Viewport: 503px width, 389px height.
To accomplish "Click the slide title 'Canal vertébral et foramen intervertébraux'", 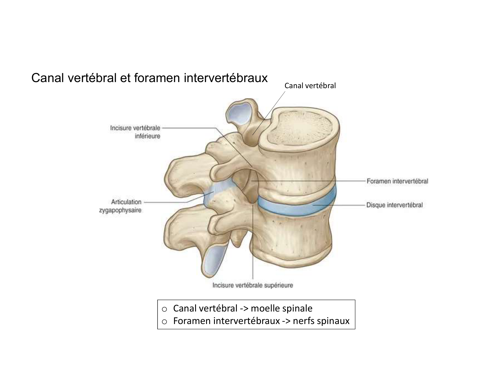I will pos(149,78).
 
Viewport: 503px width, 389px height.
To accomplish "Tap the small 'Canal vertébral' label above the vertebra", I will pos(310,86).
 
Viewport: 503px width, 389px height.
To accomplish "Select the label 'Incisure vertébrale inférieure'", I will pos(135,132).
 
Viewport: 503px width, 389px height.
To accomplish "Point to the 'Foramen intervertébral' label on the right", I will pos(397,181).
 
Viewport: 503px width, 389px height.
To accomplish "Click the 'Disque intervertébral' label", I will pos(394,205).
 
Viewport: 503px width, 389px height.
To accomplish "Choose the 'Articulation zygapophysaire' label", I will pos(120,206).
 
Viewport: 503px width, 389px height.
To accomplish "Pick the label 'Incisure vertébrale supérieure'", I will pos(252,286).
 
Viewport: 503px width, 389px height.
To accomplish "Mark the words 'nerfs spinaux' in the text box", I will pos(321,321).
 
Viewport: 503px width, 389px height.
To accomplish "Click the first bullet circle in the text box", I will pos(164,309).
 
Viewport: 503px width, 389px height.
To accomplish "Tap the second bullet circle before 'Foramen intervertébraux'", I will pos(164,322).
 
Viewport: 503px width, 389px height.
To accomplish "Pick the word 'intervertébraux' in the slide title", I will pos(226,78).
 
